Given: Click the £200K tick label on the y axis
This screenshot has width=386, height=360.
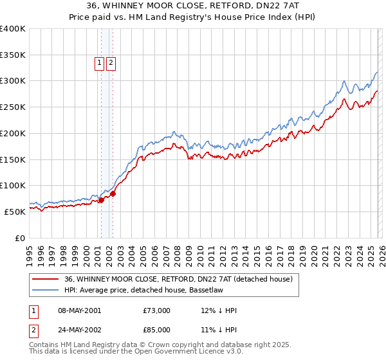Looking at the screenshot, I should [x=13, y=133].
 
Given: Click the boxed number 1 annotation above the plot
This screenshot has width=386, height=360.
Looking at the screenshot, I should [x=100, y=63].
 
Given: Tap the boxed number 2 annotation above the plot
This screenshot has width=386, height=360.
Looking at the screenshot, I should [x=111, y=63].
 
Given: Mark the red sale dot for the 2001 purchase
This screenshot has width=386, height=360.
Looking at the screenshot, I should [x=101, y=200].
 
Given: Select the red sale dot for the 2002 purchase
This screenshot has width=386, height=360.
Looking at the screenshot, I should [x=113, y=194].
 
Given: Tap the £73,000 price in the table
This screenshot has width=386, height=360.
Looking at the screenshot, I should [x=157, y=310].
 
